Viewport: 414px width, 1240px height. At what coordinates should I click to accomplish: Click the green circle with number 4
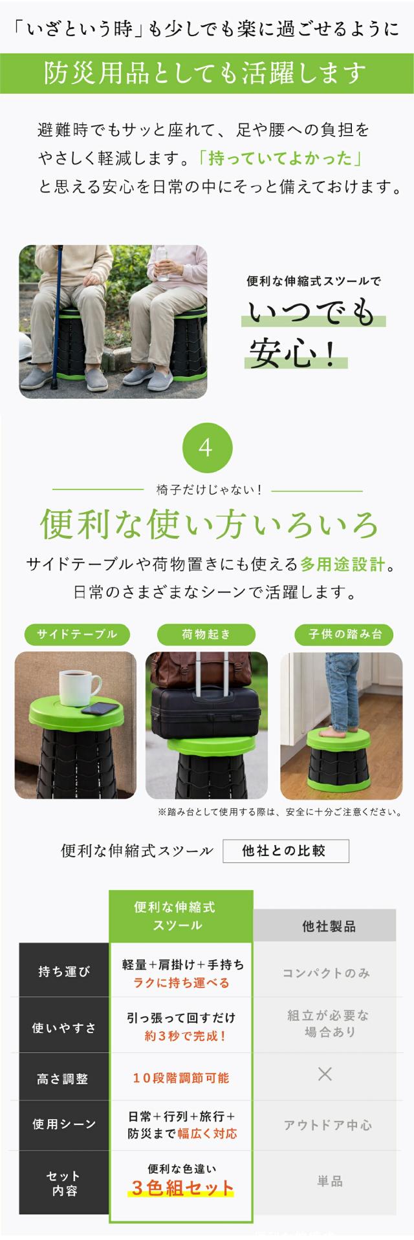(206, 447)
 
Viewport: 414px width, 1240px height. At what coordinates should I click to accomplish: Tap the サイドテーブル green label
(77, 634)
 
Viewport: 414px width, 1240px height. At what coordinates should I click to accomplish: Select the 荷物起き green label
(206, 634)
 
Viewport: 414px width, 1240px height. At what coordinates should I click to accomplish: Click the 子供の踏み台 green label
(344, 634)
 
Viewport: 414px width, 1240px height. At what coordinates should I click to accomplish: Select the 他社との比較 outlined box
(285, 851)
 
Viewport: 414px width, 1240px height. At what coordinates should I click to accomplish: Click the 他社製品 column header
(329, 926)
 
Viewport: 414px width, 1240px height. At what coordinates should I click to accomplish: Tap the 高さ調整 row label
(63, 1078)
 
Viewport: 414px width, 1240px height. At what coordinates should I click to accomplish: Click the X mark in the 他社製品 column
(325, 1074)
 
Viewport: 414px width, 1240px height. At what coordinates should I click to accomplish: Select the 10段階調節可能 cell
(181, 1078)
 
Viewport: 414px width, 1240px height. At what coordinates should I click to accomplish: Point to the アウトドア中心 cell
(328, 1126)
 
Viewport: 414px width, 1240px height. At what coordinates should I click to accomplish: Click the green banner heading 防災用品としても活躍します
(206, 74)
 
